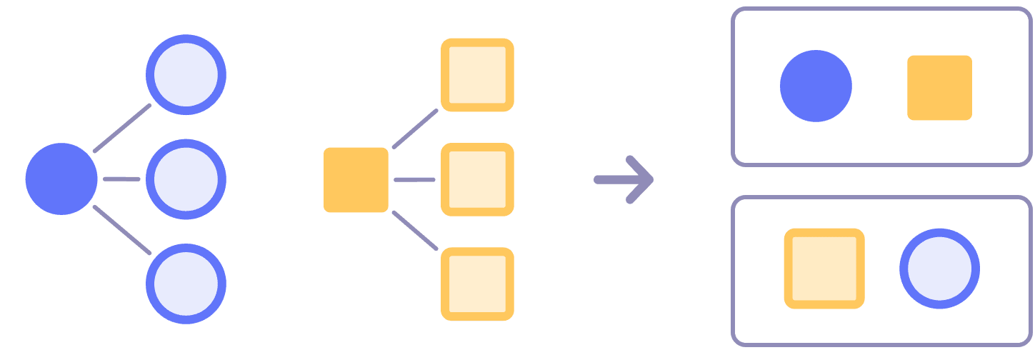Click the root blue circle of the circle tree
[61, 179]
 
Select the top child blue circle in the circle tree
[186, 74]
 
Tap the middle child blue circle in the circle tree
[186, 179]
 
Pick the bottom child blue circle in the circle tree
[186, 284]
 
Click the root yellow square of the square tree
[356, 180]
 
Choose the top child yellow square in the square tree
[477, 75]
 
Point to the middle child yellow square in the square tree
[477, 179]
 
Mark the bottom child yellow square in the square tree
[477, 284]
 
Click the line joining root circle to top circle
[122, 128]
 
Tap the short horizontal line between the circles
[121, 179]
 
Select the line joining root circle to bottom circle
[122, 230]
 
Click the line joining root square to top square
[415, 129]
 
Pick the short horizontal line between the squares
[414, 179]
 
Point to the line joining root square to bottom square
[415, 230]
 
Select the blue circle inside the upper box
[816, 86]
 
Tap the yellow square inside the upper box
[939, 87]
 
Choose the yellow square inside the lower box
[824, 269]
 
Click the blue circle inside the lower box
[939, 269]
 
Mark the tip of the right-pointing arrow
[650, 179]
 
